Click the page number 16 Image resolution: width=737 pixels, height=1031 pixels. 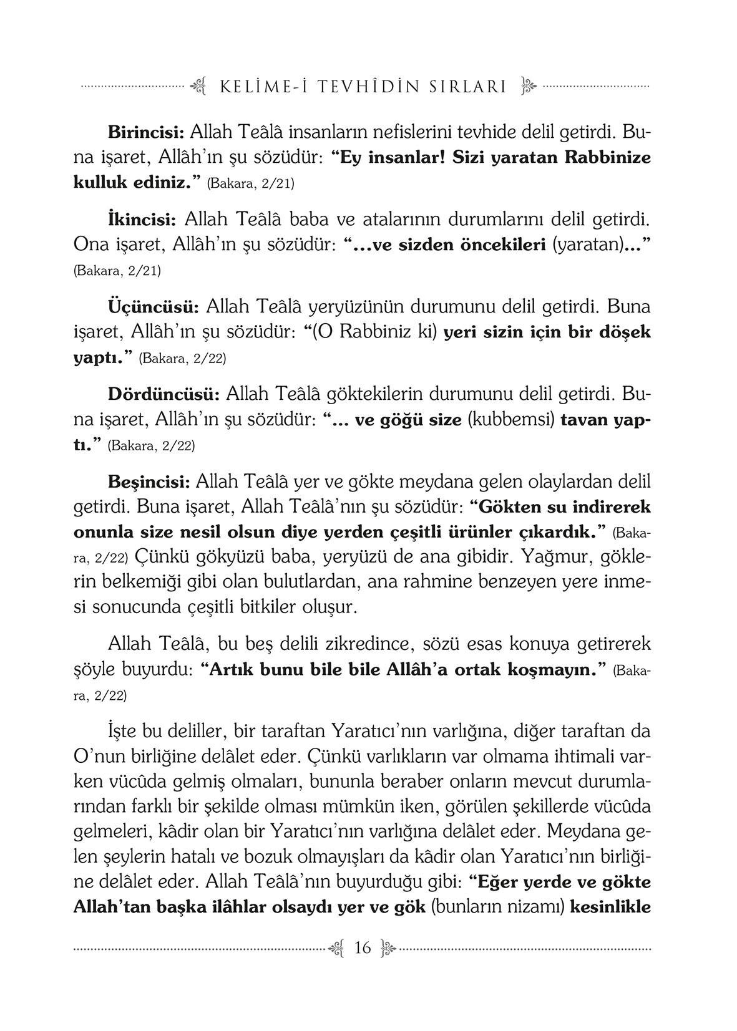[362, 949]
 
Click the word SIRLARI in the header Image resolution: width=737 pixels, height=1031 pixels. [467, 87]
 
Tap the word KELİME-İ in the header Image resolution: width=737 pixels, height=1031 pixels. [257, 87]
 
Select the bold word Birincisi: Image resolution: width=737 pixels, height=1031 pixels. [145, 132]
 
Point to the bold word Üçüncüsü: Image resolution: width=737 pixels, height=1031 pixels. [154, 307]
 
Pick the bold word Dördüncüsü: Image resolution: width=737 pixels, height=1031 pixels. [164, 394]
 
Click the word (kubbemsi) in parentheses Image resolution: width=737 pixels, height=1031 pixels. [511, 419]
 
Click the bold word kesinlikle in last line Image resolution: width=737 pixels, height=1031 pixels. [611, 906]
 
